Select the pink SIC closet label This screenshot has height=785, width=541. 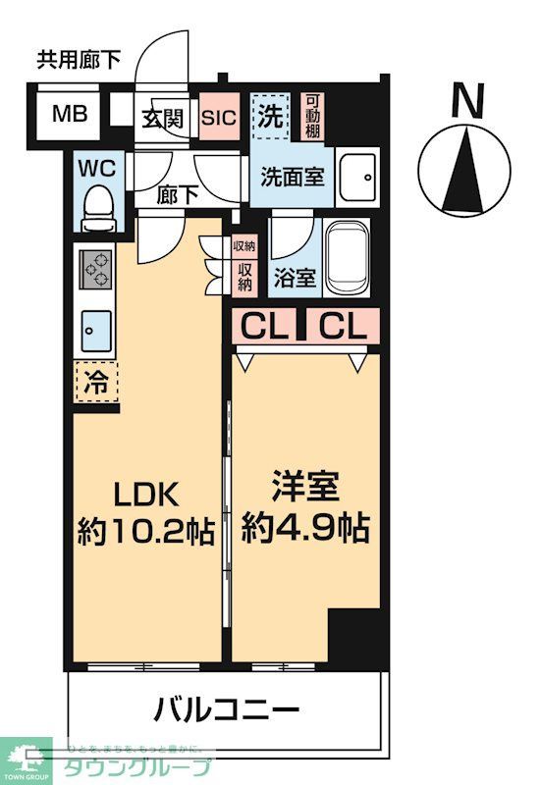coord(219,119)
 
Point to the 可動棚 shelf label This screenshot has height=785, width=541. coord(313,115)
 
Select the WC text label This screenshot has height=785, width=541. coord(96,166)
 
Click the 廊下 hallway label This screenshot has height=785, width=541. coord(178,194)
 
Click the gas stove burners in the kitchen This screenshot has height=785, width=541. coord(96,268)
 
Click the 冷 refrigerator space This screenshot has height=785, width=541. coord(95,379)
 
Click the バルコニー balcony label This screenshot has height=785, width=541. coord(225,707)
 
